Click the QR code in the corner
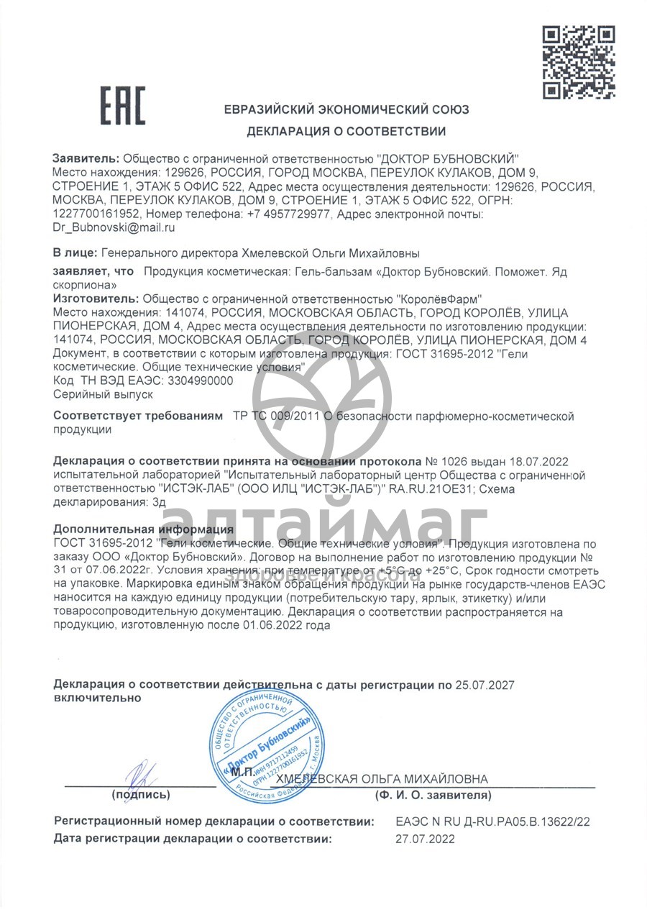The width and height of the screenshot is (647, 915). click(578, 62)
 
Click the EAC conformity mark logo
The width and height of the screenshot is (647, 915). click(121, 105)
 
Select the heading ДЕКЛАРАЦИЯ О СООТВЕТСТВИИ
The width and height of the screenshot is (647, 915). click(346, 132)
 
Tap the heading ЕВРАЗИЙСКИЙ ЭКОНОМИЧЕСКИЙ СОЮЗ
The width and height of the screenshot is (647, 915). click(346, 110)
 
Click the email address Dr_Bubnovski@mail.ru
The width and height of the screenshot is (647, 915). click(114, 227)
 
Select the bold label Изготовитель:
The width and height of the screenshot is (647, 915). click(97, 299)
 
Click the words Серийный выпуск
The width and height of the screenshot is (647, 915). click(104, 394)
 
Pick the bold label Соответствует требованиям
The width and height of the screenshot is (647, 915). click(139, 416)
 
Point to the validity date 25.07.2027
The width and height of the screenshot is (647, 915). click(485, 685)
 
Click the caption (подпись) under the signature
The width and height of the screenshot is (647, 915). click(140, 795)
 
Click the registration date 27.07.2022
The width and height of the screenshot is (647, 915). click(425, 838)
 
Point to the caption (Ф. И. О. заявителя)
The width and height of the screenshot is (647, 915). click(433, 795)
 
